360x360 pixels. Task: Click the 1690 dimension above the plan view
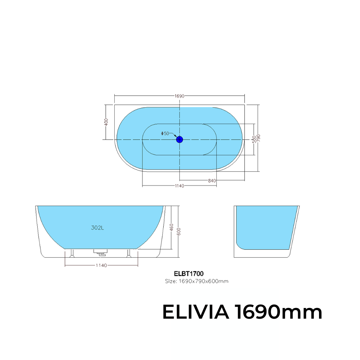179,96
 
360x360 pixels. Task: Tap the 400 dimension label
106,122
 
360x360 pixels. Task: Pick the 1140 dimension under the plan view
179,186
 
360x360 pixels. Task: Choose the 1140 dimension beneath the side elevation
101,265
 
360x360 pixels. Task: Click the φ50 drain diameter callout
165,133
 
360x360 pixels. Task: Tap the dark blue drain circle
180,140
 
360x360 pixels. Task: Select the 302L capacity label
97,228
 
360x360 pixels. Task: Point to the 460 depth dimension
172,228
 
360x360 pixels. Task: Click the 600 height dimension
179,231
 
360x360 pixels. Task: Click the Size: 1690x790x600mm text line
197,281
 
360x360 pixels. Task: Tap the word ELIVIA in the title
195,313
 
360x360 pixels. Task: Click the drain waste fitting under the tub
100,252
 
